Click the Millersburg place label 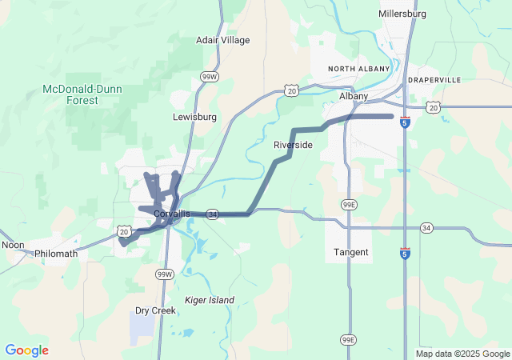point(402,14)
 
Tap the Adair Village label point(223,40)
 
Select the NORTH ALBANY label point(358,69)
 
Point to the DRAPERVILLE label point(435,81)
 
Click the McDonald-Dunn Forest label point(82,94)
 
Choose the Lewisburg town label point(194,117)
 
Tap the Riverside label point(293,145)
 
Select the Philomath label point(56,254)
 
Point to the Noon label point(13,245)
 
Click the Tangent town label point(351,253)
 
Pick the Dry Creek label point(155,310)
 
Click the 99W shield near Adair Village point(210,77)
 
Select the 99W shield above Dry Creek point(164,274)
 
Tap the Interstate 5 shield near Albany point(406,122)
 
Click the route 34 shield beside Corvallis point(212,214)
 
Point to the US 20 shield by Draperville point(433,106)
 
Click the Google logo point(26,350)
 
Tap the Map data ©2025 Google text point(462,354)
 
